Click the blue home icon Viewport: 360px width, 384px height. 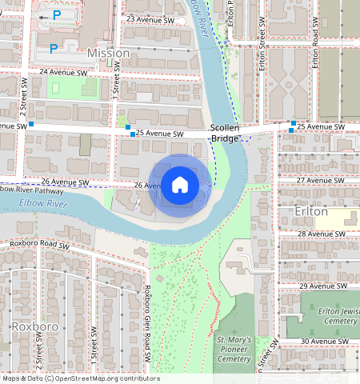tap(180, 186)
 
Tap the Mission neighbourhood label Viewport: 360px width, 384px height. tap(108, 53)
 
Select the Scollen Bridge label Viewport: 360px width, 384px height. tap(226, 133)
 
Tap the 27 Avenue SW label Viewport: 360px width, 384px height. tap(320, 181)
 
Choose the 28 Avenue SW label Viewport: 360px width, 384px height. tap(320, 234)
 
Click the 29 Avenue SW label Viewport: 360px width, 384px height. tap(320, 286)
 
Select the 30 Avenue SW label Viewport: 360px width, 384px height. tap(320, 342)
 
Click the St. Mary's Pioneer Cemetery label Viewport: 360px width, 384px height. tap(234, 350)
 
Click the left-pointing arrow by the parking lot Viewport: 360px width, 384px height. tap(43, 16)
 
